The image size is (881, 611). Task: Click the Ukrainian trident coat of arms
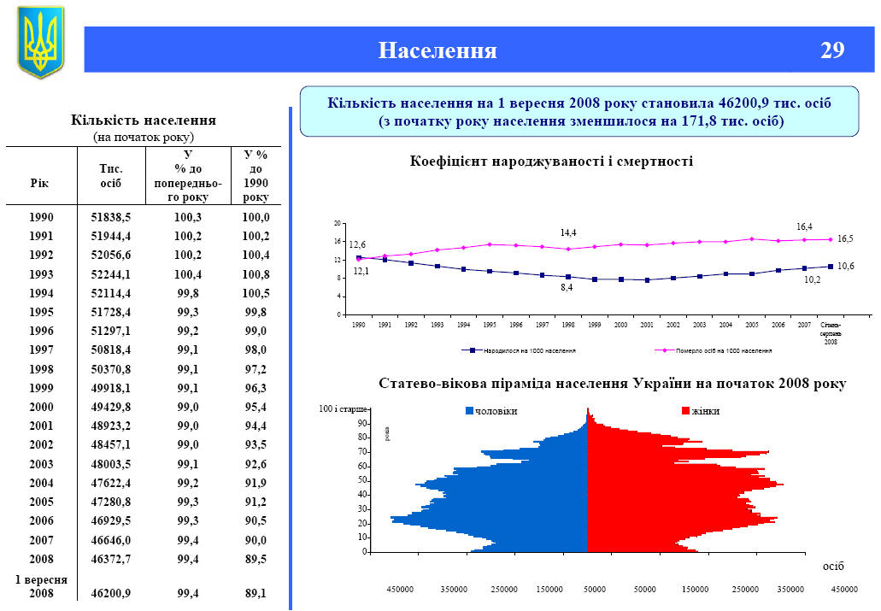(x=40, y=42)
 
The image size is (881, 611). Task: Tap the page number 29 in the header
(x=832, y=50)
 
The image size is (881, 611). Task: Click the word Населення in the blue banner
(x=438, y=50)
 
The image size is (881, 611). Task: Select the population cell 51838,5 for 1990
(x=111, y=217)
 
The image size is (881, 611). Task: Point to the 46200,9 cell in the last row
(x=111, y=592)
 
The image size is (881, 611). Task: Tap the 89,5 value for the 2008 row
(x=255, y=559)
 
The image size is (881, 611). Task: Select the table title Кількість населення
(x=143, y=120)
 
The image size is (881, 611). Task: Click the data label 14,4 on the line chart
(x=568, y=232)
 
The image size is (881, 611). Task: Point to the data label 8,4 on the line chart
(x=567, y=288)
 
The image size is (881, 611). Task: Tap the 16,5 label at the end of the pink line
(x=845, y=238)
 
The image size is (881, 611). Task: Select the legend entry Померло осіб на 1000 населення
(x=718, y=350)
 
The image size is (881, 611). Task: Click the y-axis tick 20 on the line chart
(x=338, y=223)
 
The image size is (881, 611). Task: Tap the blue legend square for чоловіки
(x=469, y=411)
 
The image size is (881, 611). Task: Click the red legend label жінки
(x=706, y=411)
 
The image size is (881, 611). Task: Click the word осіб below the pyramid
(x=832, y=566)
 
